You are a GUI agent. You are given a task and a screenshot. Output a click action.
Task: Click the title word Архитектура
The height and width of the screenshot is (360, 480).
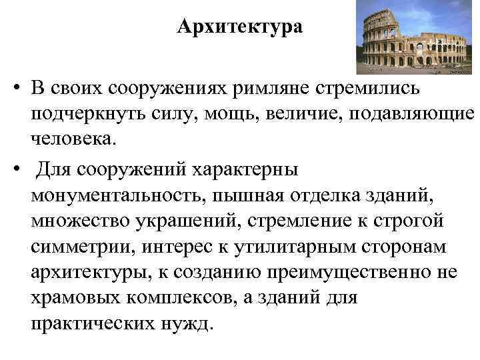pos(240,27)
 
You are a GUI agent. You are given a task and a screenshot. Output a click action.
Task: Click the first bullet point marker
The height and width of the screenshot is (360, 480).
pos(14,88)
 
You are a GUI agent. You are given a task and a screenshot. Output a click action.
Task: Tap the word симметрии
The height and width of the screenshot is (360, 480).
pos(77,249)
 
